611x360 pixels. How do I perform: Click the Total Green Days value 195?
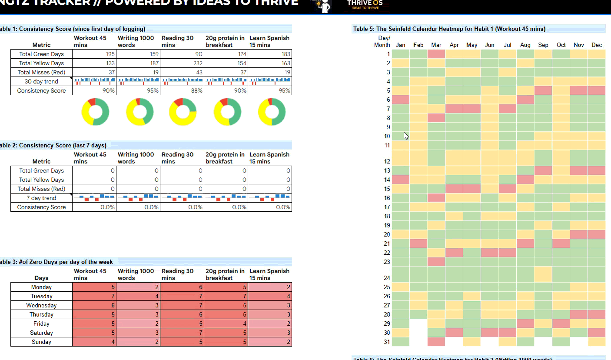click(94, 54)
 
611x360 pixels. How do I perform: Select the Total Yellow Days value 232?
click(182, 63)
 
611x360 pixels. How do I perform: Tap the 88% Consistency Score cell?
click(182, 91)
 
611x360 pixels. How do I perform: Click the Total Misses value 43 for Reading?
click(182, 73)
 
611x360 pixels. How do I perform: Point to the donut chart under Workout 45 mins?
click(95, 112)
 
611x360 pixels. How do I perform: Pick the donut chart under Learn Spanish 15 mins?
click(272, 112)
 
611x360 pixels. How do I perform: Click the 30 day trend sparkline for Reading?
click(182, 81)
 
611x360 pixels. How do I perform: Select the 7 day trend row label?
click(41, 198)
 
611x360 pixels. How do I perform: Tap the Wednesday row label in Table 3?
click(41, 306)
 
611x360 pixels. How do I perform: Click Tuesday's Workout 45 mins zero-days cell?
click(94, 297)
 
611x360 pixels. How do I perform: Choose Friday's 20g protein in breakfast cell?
click(226, 324)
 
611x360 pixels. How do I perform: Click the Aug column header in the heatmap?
click(525, 45)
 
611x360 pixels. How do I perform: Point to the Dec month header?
click(597, 45)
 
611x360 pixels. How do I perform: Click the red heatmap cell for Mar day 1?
click(436, 54)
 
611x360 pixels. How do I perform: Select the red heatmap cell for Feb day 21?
click(418, 243)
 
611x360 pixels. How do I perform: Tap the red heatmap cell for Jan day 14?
click(401, 180)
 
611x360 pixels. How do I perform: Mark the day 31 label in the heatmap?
click(387, 342)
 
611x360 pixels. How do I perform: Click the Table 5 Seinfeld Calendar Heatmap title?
click(449, 29)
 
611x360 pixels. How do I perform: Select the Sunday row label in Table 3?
click(41, 342)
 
